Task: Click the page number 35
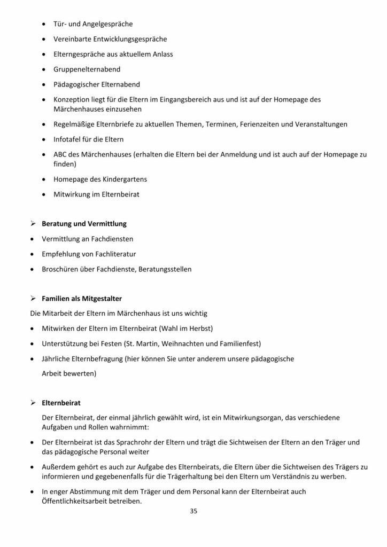pyautogui.click(x=193, y=511)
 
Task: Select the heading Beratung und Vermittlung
pyautogui.click(x=84, y=223)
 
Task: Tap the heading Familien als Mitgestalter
pyautogui.click(x=86, y=297)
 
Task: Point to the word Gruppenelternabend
pyautogui.click(x=87, y=69)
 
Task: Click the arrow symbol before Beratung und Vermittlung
pyautogui.click(x=34, y=223)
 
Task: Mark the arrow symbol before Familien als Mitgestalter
pyautogui.click(x=34, y=297)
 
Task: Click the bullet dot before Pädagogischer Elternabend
pyautogui.click(x=43, y=84)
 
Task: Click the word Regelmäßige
pyautogui.click(x=74, y=124)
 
